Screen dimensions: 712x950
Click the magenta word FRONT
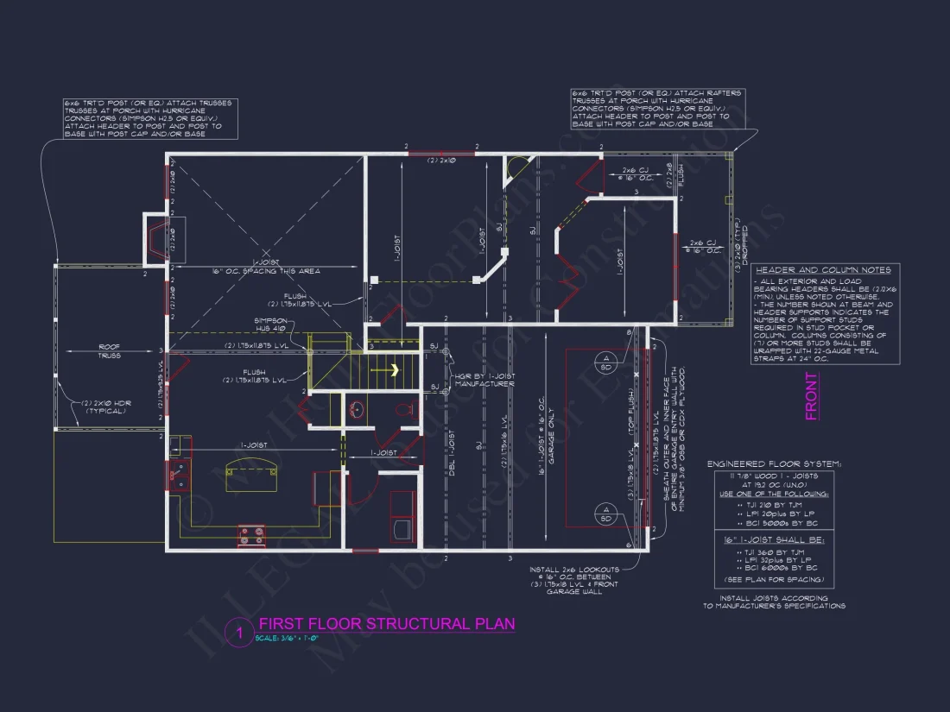point(811,396)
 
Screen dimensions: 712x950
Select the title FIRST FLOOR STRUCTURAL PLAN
point(386,624)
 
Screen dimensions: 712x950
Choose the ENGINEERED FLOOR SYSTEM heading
point(773,463)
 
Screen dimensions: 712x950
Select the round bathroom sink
point(355,409)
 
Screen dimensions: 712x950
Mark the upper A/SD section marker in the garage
point(606,362)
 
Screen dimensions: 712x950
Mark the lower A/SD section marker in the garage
point(606,518)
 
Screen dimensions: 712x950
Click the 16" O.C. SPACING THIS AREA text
point(266,271)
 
